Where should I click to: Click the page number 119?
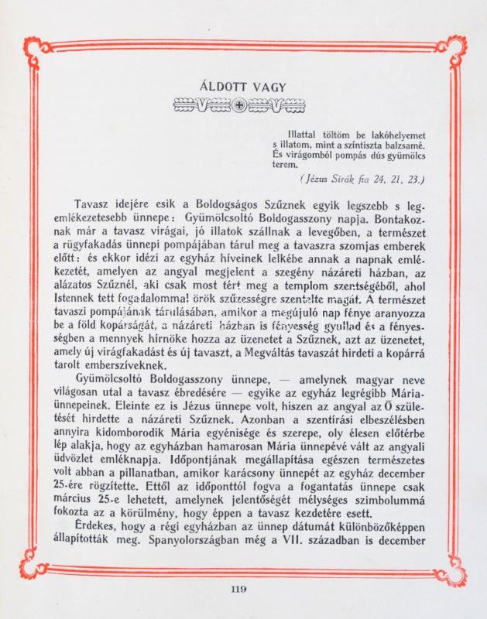tap(239, 590)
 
